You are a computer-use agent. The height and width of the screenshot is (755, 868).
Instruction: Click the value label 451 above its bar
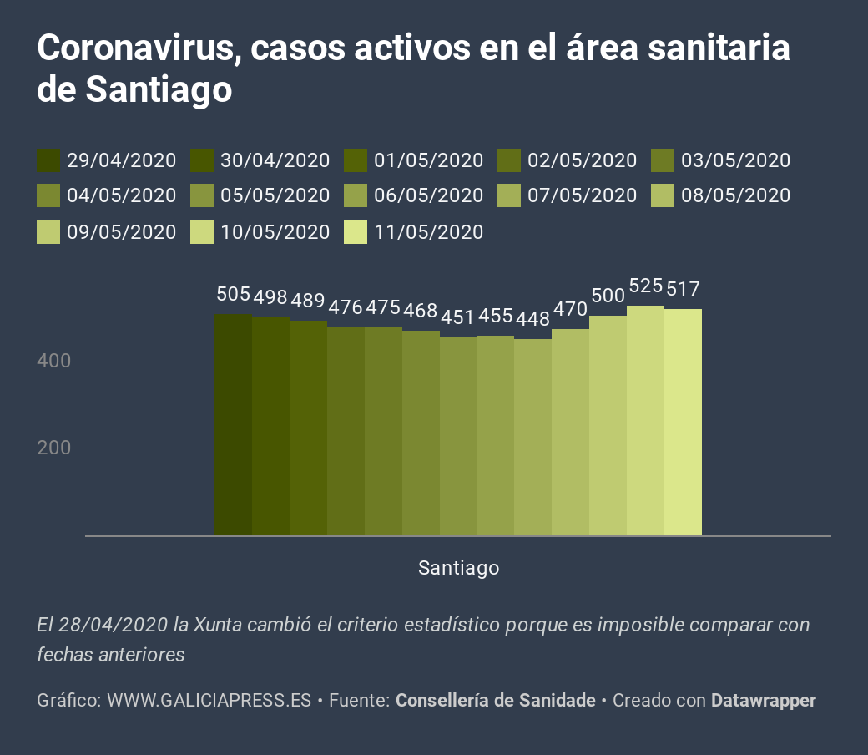(457, 317)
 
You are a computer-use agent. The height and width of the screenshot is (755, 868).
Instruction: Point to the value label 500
(608, 296)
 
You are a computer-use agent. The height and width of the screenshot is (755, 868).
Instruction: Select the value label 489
(308, 301)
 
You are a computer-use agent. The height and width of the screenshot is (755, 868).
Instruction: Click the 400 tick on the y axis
(54, 362)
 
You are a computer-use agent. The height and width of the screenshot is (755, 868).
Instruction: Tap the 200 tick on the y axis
(54, 448)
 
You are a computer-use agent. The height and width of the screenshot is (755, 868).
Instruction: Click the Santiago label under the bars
(458, 569)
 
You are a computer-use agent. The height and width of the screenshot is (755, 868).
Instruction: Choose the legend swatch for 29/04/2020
(48, 160)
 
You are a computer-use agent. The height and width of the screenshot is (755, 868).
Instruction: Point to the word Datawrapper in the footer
(763, 701)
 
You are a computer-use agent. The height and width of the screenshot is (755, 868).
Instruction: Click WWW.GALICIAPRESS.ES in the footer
(209, 701)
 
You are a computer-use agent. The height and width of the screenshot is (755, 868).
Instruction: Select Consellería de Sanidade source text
(495, 701)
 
